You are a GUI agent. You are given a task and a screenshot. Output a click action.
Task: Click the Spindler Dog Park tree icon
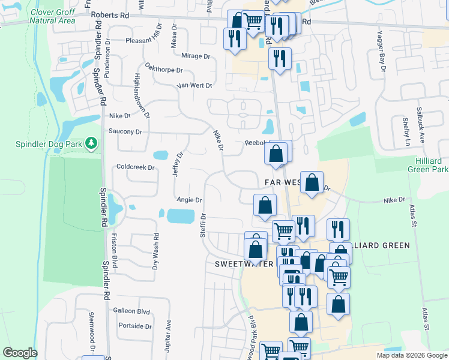tap(91, 143)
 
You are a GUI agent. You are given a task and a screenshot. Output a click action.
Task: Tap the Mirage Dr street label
tap(195, 56)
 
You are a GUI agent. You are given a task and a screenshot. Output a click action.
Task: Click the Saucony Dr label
tap(125, 131)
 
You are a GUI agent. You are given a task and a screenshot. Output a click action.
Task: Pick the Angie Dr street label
tap(189, 200)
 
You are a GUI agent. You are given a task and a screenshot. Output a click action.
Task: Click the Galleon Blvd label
tap(131, 311)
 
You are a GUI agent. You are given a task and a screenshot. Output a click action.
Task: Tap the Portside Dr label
tap(135, 326)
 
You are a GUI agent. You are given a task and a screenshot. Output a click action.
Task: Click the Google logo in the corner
tap(20, 353)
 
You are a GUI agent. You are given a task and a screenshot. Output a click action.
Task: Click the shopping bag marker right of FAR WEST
tap(312, 182)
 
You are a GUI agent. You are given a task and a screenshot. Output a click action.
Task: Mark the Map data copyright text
tap(412, 355)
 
